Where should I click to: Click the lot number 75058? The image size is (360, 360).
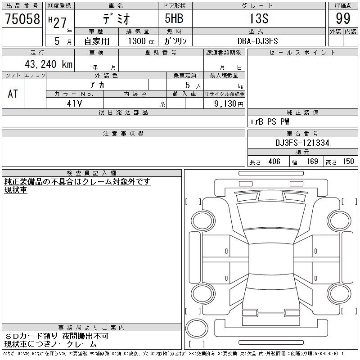pyautogui.click(x=22, y=18)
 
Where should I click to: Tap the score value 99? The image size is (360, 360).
pyautogui.click(x=343, y=18)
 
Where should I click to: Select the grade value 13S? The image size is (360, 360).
pyautogui.click(x=259, y=18)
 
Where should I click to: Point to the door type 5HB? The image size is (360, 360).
pyautogui.click(x=174, y=18)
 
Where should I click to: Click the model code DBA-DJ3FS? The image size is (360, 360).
pyautogui.click(x=257, y=41)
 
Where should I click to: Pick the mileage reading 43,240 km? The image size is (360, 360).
pyautogui.click(x=49, y=64)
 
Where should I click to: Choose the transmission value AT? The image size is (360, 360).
pyautogui.click(x=13, y=94)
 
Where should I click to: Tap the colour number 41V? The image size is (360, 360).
pyautogui.click(x=74, y=103)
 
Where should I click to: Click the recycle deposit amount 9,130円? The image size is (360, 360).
pyautogui.click(x=229, y=104)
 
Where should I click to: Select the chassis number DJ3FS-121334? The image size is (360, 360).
pyautogui.click(x=302, y=143)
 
